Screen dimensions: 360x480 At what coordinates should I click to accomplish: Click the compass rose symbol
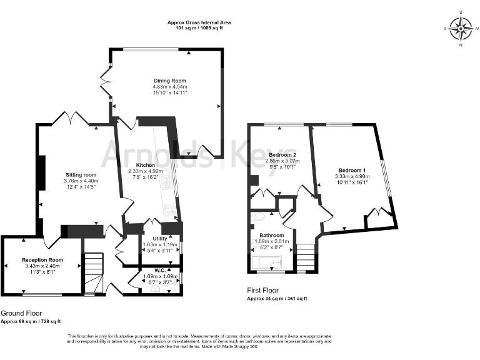(x=461, y=28)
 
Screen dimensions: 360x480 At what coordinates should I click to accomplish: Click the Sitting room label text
(x=81, y=175)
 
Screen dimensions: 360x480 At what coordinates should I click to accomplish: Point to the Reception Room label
(x=42, y=259)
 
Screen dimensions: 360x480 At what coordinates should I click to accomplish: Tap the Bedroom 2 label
(x=282, y=154)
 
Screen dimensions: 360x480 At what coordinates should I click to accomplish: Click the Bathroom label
(x=271, y=236)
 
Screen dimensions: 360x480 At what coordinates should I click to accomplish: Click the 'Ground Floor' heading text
(x=21, y=312)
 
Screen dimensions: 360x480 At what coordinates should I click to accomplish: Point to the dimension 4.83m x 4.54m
(x=170, y=87)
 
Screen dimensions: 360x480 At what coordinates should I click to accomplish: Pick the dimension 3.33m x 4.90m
(x=352, y=177)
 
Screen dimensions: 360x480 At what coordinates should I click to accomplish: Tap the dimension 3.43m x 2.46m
(x=42, y=266)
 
